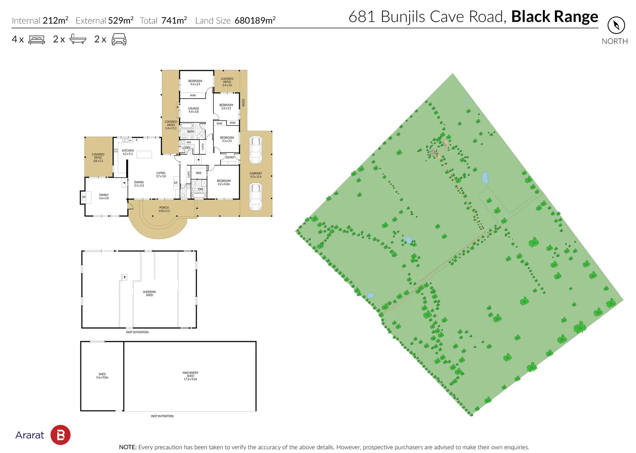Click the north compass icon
pos(616,25)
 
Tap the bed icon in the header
pos(36,40)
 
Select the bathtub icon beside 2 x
pos(78,39)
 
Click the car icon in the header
pos(119,40)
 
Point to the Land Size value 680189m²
pos(255,21)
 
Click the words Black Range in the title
pos(554,17)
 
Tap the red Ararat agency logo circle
pos(60,435)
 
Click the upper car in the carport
pos(255,149)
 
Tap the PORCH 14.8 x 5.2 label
pos(164,209)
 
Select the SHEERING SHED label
pos(149,293)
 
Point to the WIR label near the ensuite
pos(198,173)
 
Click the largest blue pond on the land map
pos(485,178)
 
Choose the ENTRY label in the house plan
pos(230,157)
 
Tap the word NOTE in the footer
pos(127,447)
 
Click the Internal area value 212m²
pos(55,21)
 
